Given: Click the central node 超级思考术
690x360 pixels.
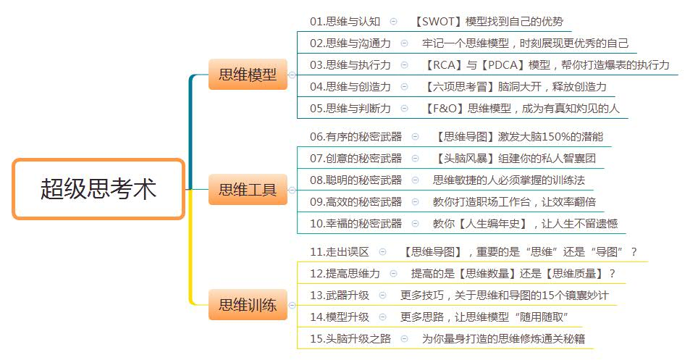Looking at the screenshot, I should [98, 189].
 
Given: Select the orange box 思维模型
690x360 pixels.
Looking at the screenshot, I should [248, 75].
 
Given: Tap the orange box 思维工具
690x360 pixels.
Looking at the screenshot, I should [248, 191].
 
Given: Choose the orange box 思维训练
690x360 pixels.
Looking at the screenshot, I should [248, 305].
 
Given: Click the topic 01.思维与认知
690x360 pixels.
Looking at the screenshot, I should [345, 21].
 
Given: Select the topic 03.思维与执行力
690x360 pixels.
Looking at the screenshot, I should [350, 64].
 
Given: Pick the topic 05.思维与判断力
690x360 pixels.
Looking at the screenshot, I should [350, 108].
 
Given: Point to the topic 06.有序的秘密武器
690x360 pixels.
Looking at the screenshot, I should [355, 136].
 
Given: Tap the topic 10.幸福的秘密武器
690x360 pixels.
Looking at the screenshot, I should [355, 223].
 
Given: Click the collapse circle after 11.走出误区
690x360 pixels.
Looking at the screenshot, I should [383, 252].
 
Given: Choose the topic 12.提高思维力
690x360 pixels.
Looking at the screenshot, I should [345, 273].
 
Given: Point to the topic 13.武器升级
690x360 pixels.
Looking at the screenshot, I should [340, 295].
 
